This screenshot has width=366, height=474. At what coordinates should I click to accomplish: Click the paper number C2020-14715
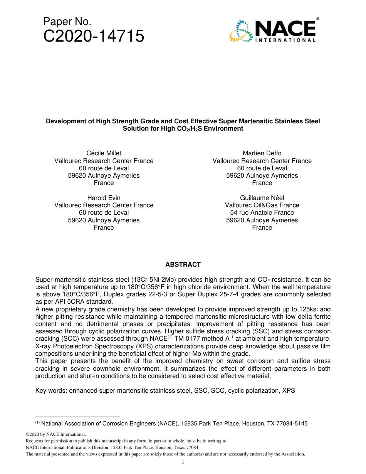[94, 36]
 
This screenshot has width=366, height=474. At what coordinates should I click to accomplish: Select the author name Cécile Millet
[104, 153]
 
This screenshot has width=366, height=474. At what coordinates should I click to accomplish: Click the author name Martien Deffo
[262, 153]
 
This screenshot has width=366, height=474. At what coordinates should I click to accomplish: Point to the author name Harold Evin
[104, 198]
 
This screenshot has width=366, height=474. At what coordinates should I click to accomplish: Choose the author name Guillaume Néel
[262, 198]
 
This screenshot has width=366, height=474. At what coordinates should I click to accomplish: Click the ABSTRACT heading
[183, 264]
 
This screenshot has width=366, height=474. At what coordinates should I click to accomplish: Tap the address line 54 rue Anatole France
[262, 213]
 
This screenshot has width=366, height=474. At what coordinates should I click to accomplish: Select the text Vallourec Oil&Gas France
[262, 205]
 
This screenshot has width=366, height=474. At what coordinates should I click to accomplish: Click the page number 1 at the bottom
[183, 462]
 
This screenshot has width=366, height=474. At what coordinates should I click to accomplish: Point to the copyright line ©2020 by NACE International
[55, 434]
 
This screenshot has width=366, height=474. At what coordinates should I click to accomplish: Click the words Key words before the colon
[50, 390]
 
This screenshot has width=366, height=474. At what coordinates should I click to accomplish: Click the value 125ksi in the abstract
[320, 309]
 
